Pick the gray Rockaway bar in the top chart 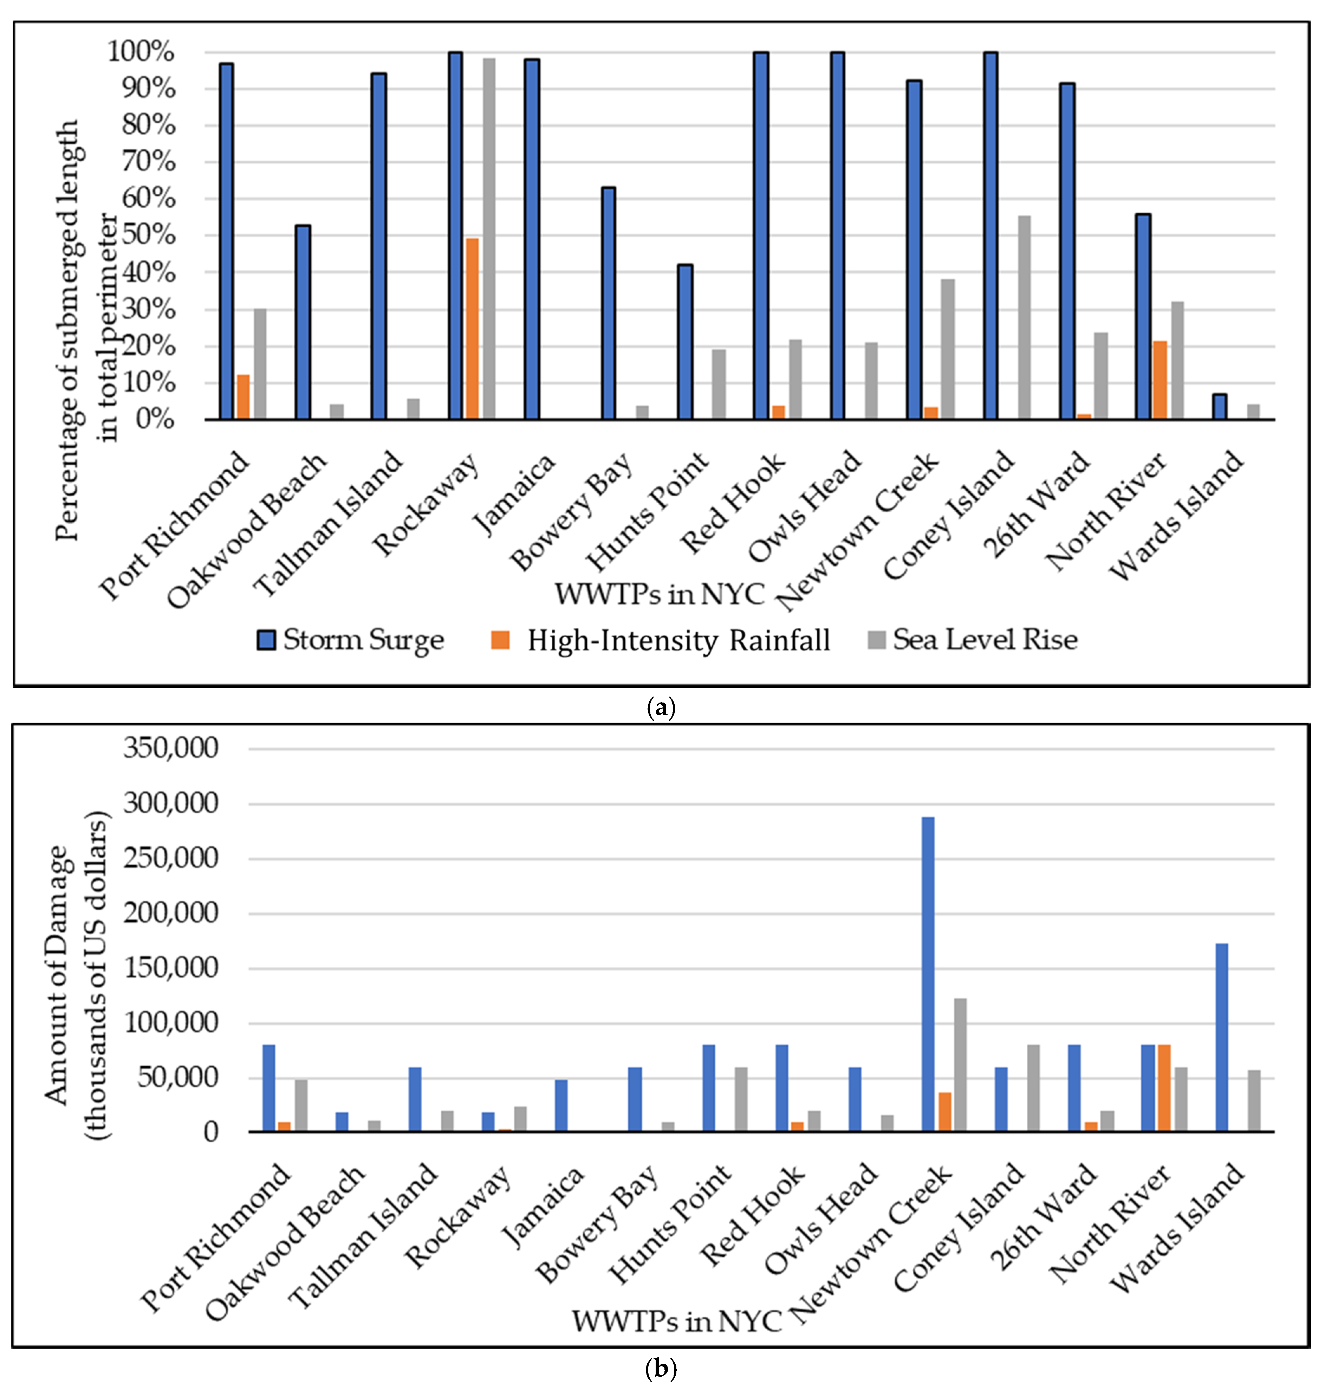489,239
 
